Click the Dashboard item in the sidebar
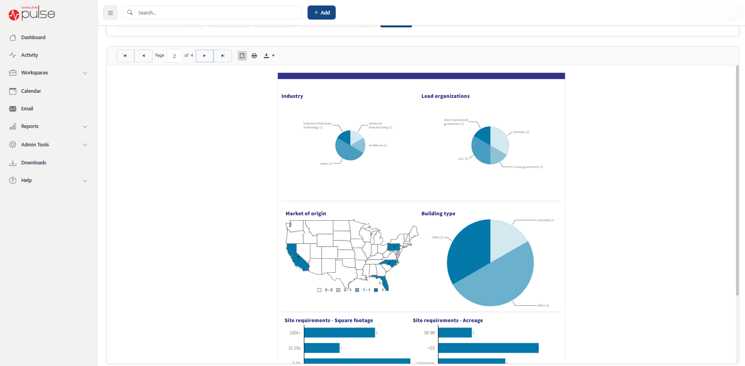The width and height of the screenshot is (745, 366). point(33,38)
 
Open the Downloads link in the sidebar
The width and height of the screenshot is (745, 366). point(33,163)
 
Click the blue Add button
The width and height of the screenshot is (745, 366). point(321,13)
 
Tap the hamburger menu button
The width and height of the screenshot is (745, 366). point(110,13)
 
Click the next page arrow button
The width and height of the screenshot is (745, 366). point(204,56)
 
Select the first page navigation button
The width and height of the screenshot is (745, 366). point(125,56)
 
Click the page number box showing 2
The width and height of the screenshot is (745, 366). point(175,56)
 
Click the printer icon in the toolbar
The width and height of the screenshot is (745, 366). point(254,56)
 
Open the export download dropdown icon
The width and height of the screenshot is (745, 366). point(268,56)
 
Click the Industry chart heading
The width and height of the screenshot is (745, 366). point(292,96)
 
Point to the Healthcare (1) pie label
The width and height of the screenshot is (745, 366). point(378,146)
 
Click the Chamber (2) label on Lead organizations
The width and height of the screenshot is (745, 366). point(521,132)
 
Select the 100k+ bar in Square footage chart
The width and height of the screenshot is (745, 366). point(339,333)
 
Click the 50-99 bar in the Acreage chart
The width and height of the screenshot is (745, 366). point(455,333)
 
